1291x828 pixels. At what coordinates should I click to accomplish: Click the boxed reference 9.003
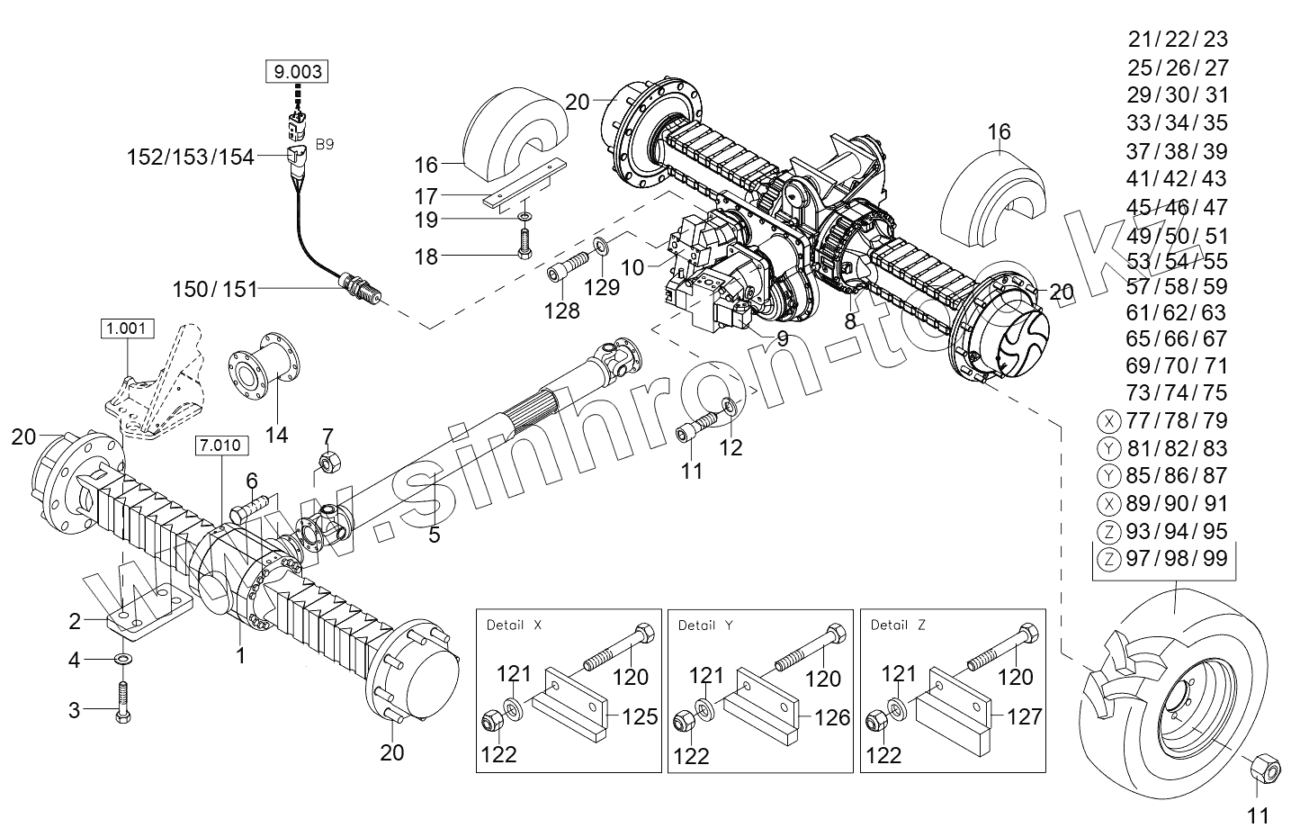296,70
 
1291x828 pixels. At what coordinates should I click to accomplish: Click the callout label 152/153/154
191,157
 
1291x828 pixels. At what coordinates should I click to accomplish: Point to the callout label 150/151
215,289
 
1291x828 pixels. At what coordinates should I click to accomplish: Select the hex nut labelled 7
327,463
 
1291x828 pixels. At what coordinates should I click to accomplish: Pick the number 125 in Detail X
640,716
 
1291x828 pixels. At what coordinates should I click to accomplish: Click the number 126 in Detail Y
831,716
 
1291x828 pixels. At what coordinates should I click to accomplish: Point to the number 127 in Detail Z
1024,716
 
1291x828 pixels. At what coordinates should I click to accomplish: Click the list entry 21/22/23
1177,39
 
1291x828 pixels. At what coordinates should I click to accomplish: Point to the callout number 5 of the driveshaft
435,535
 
